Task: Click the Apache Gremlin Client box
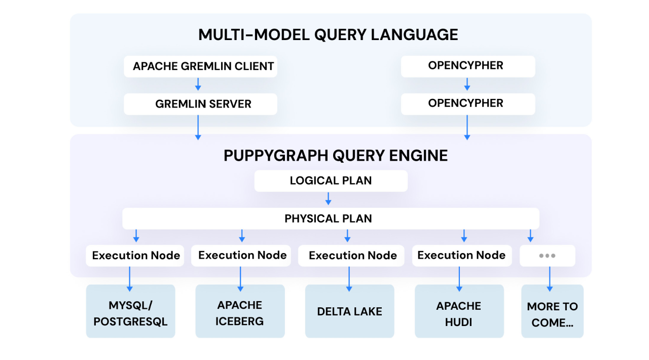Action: [x=200, y=66]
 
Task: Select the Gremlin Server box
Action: [x=200, y=104]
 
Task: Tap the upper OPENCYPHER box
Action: [x=467, y=66]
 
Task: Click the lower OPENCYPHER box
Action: [x=467, y=103]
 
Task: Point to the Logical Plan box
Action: [x=331, y=181]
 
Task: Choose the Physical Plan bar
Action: [x=331, y=219]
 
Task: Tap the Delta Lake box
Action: [x=349, y=311]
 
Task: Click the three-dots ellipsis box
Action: [x=547, y=256]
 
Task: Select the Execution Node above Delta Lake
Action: [x=352, y=256]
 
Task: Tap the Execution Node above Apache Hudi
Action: [x=461, y=255]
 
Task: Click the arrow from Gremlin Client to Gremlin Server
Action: [x=198, y=85]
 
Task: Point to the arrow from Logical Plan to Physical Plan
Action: [x=329, y=199]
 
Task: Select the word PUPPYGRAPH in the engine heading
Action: [x=274, y=155]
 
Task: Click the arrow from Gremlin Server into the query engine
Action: [x=198, y=127]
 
